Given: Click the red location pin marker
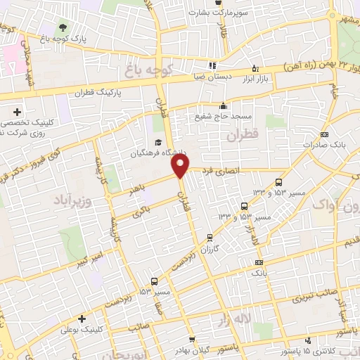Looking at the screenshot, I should click(x=181, y=166).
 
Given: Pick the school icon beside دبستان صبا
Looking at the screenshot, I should click(x=212, y=65).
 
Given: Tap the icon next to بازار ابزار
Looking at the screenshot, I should click(x=255, y=69).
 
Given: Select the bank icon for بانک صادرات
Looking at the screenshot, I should click(x=324, y=134).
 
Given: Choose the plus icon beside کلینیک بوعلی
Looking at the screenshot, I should click(x=84, y=319).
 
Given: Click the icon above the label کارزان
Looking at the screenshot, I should click(x=209, y=237).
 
